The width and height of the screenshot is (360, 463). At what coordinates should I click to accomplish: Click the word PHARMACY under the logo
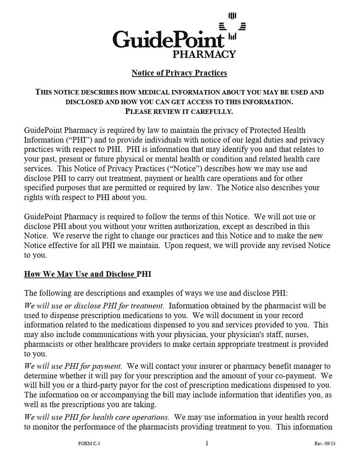tap(204, 54)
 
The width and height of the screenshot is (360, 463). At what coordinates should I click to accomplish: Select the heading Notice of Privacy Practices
tap(179, 72)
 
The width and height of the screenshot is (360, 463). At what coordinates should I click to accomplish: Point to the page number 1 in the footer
tap(207, 443)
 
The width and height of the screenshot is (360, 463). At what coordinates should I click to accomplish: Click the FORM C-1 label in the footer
tap(89, 444)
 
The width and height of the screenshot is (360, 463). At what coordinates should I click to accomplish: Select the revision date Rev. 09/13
tap(325, 444)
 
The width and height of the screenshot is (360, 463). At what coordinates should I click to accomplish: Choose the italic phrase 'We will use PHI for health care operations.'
tap(97, 417)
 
